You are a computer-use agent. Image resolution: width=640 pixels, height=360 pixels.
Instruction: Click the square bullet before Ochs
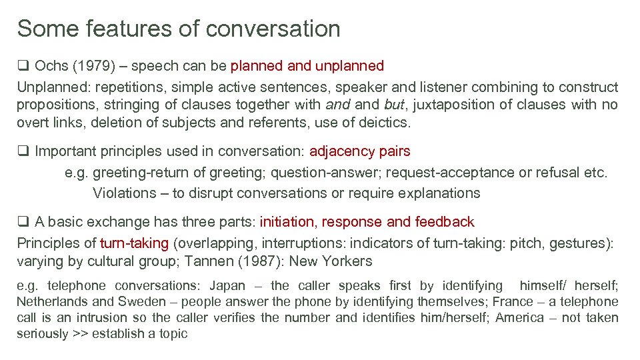[23, 66]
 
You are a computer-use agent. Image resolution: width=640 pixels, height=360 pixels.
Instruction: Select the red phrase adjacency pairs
[360, 151]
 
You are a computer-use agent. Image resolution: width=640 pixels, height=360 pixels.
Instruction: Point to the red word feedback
[445, 222]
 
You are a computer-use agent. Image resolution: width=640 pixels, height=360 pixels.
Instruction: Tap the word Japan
[227, 286]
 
